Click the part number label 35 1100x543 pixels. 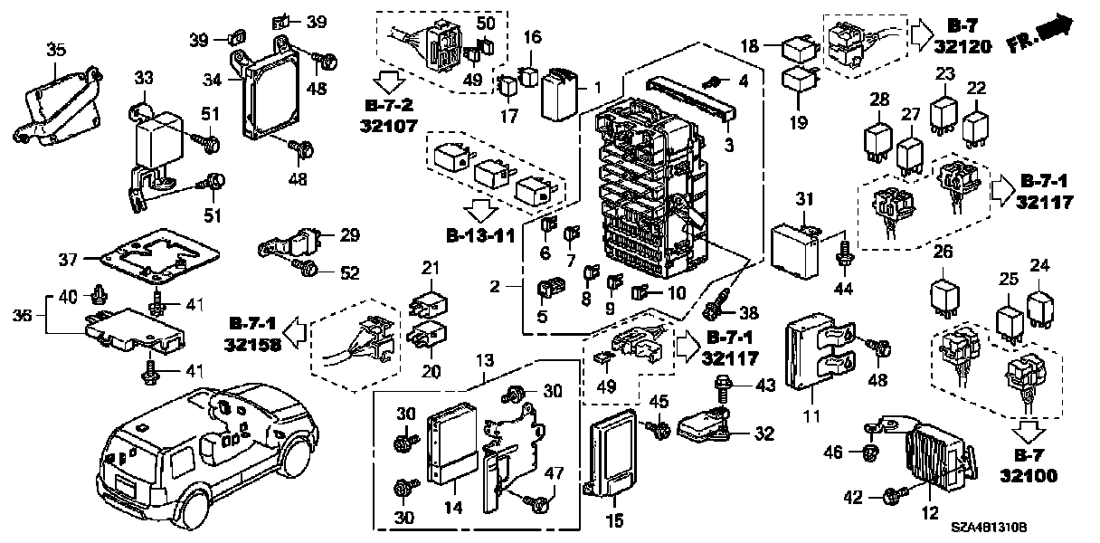pos(56,51)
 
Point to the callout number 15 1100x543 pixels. pos(614,520)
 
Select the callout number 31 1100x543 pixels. pos(806,199)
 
